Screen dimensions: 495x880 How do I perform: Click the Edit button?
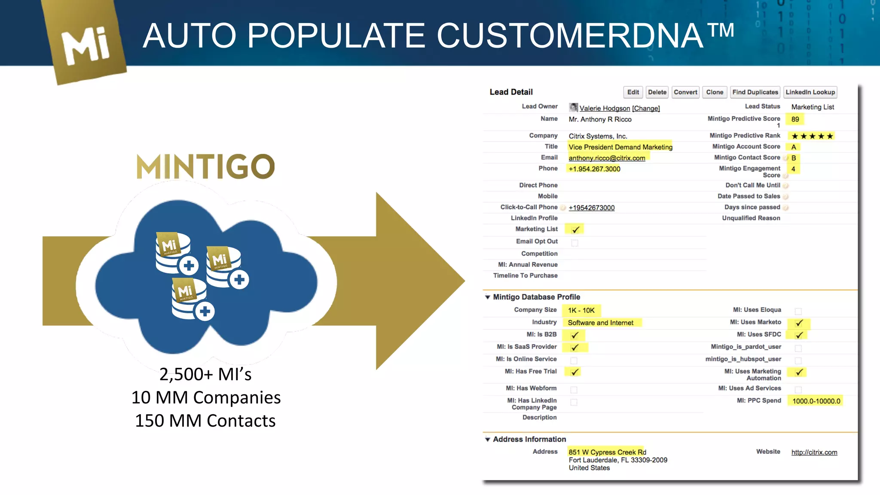click(632, 92)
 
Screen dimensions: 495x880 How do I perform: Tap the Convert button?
click(685, 92)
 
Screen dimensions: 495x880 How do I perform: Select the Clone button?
click(715, 92)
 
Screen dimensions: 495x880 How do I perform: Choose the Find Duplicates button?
click(755, 92)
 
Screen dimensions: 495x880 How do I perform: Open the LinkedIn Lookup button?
click(810, 92)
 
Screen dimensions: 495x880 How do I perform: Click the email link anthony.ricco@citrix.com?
click(607, 158)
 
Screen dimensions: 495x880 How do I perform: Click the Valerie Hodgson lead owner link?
click(605, 108)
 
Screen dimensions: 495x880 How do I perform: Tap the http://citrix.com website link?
click(814, 452)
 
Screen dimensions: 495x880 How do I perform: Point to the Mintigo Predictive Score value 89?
click(795, 119)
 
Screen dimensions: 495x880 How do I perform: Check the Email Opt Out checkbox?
click(574, 243)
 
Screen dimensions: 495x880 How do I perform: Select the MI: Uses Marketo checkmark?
click(799, 323)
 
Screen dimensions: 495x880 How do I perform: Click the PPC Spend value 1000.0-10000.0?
click(816, 401)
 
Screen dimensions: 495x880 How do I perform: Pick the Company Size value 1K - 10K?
click(581, 310)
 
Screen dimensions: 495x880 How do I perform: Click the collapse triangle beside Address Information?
click(488, 439)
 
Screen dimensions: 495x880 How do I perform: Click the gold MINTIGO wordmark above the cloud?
click(205, 167)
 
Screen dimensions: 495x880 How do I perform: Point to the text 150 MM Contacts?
click(205, 421)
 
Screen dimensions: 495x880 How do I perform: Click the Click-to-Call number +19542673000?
click(592, 208)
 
